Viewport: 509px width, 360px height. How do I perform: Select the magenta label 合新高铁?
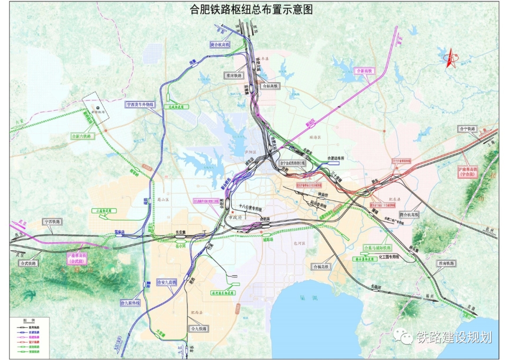[x=363, y=70]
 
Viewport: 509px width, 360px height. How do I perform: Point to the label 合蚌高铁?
[x=271, y=86]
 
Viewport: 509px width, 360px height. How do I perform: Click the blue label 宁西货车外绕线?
[x=140, y=105]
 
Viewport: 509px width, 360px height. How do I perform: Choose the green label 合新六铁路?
[x=83, y=136]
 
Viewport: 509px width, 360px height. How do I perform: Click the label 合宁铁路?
[x=467, y=129]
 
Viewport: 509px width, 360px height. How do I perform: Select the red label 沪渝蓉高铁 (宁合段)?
[x=471, y=171]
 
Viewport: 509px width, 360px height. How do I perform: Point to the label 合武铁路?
[x=29, y=263]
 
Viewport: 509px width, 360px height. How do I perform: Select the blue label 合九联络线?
[x=131, y=303]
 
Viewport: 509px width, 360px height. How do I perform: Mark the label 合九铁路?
[x=198, y=328]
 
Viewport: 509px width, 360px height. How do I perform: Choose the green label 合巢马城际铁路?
[x=377, y=248]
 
